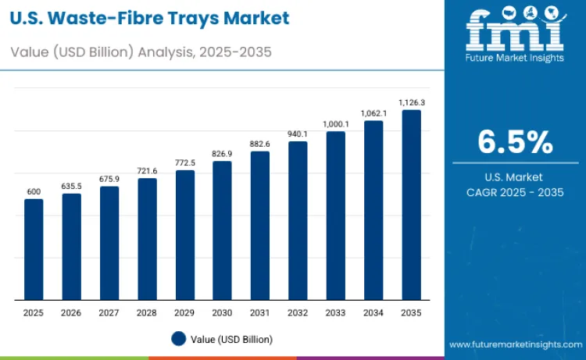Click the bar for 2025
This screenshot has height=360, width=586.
click(34, 249)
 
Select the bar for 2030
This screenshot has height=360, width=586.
click(223, 230)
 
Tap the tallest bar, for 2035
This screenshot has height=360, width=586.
click(411, 205)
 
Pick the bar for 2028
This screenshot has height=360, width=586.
click(147, 239)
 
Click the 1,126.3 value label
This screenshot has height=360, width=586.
click(411, 102)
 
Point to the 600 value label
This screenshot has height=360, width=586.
click(34, 191)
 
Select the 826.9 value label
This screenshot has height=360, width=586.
click(223, 154)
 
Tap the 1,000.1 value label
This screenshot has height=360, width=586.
click(336, 124)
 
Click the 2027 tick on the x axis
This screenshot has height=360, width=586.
click(109, 312)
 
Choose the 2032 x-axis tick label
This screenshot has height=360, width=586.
click(298, 312)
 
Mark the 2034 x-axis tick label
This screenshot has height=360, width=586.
click(373, 312)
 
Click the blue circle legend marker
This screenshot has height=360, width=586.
click(178, 339)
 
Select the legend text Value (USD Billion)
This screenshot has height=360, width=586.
click(233, 339)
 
